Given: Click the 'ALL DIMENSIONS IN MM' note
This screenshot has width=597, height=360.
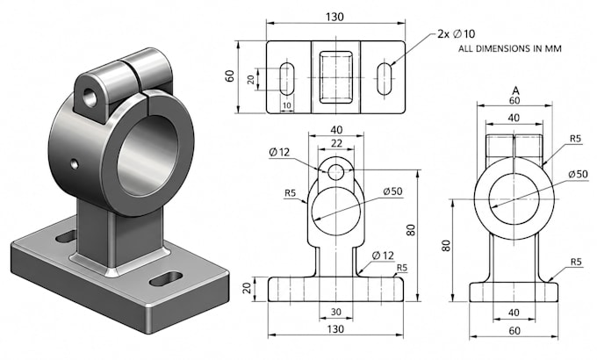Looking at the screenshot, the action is [509, 49].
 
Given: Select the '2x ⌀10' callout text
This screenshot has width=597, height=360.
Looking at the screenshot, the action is [457, 34].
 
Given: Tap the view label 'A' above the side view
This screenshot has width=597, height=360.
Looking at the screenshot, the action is [515, 90].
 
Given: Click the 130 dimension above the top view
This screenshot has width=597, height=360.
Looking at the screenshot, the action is [334, 17].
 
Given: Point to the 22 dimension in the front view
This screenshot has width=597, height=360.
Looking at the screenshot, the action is [336, 143].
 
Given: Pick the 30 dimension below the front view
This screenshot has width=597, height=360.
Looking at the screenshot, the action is [335, 312].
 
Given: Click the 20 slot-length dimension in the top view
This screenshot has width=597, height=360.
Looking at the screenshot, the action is [250, 79].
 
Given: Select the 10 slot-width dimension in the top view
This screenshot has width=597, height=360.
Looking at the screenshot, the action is [287, 105].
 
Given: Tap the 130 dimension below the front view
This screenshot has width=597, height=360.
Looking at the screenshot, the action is [335, 328].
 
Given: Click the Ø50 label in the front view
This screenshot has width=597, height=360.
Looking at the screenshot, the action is [393, 191].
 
